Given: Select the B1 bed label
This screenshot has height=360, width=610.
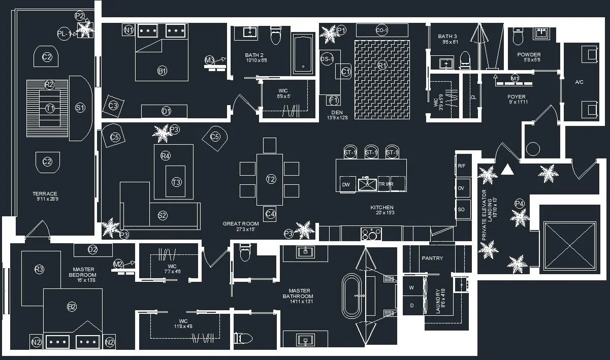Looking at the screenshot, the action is pos(163,71).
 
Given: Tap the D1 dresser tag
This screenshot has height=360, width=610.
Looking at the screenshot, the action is pos(166,111).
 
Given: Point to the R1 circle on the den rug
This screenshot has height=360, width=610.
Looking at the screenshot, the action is pos(382,65).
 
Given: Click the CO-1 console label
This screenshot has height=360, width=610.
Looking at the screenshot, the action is pos(382,30).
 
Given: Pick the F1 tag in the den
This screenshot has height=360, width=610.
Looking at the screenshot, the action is pos(334,100).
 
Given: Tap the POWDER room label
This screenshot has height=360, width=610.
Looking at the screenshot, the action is pos(529,55).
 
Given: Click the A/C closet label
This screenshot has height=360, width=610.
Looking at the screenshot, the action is pos(579,82).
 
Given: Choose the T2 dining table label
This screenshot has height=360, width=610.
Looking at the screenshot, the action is pos(271,179).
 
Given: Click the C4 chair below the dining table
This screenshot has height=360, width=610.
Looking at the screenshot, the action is pos(271,214).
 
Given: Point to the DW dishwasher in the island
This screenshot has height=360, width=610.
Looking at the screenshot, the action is pos(346,184).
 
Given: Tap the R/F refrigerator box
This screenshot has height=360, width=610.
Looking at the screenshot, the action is pos(461,166).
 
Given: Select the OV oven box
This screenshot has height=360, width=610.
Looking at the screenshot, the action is pos(461,188).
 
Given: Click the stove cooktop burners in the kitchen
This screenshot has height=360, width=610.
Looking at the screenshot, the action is pos(371,234).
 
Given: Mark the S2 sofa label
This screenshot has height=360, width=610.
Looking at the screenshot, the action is pos(163,215).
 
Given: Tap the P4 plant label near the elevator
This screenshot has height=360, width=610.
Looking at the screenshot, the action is pos(519,204).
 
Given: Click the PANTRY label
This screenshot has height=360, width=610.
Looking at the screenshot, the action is pos(432,258).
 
